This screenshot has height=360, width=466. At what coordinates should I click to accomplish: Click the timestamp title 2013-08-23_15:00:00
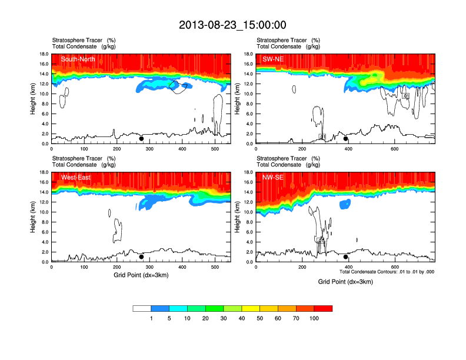pos(232,25)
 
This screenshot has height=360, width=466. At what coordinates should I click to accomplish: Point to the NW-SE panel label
pos(274,177)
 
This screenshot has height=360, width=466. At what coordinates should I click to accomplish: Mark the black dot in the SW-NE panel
pos(346,139)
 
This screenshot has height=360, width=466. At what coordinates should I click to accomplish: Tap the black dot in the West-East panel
pos(141,257)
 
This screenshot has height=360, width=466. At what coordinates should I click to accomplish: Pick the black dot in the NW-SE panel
pos(346,257)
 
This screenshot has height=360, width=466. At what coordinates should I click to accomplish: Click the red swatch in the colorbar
pos(323,308)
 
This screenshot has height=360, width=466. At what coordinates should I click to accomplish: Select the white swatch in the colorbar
pos(142,308)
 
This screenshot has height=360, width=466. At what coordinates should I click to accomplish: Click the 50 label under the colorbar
pos(260,318)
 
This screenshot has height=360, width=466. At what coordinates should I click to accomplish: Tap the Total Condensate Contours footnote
pos(387,271)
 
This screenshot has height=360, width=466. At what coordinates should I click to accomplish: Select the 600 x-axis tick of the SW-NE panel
pos(394,149)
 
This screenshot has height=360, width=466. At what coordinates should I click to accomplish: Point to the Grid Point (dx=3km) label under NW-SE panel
pos(345,282)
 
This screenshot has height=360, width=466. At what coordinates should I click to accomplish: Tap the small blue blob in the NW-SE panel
pos(345,204)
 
